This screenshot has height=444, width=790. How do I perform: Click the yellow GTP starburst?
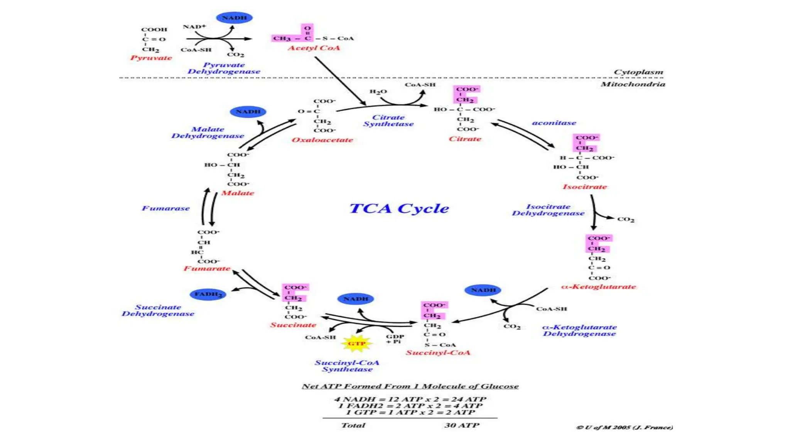356,343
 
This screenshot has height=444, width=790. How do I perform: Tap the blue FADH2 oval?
208,294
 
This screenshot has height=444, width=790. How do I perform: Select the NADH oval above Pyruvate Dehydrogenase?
234,18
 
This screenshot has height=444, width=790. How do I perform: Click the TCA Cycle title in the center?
399,209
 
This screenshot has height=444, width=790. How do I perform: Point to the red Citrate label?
465,139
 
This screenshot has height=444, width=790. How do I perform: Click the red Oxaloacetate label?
322,140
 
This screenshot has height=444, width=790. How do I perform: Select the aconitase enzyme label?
554,123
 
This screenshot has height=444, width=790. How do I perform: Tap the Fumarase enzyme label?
166,209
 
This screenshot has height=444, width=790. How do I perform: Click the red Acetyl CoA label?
314,48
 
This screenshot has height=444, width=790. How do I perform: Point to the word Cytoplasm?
638,72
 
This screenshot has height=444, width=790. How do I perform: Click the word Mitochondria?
633,84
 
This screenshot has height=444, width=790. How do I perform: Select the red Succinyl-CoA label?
438,353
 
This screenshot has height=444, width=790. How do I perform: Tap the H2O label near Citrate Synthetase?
378,92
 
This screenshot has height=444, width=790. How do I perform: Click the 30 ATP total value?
462,425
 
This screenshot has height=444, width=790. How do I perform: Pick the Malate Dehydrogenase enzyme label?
208,133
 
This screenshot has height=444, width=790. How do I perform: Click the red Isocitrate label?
585,187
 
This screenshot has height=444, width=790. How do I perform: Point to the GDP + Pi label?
395,339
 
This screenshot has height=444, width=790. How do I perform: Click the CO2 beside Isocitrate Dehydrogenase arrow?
626,219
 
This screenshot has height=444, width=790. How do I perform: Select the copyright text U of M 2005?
625,427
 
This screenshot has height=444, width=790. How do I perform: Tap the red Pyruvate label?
151,58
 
